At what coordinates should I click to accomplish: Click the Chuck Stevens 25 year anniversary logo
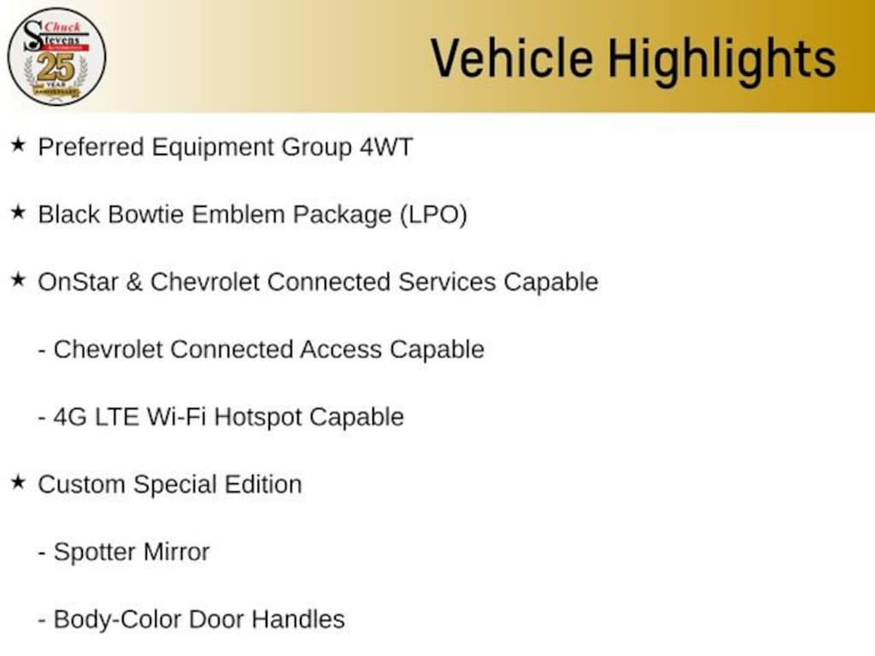[x=56, y=56]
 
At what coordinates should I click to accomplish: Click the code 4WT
[x=385, y=147]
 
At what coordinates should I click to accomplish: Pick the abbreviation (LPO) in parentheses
[x=433, y=214]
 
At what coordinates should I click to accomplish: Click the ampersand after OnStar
[x=134, y=282]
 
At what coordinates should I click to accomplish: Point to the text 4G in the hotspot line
[x=69, y=417]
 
